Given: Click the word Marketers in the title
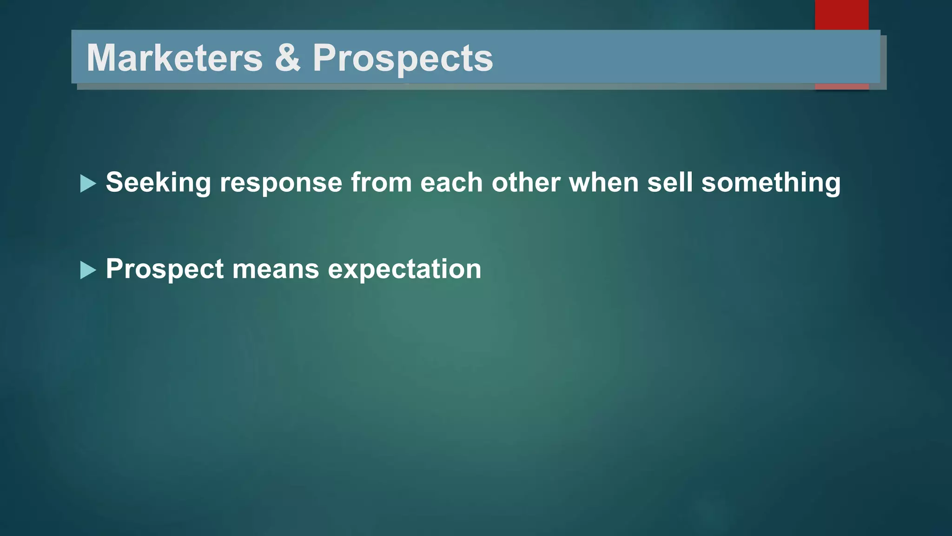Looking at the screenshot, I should pyautogui.click(x=174, y=58).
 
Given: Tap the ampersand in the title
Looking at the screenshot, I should pyautogui.click(x=287, y=58).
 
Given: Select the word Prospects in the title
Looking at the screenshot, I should pyautogui.click(x=402, y=59).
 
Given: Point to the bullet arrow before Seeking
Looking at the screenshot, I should pyautogui.click(x=87, y=183).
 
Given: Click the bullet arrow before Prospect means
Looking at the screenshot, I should pyautogui.click(x=87, y=270).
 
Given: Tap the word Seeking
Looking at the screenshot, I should pyautogui.click(x=158, y=182).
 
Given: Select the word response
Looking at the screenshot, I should pyautogui.click(x=281, y=182).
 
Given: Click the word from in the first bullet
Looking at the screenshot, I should pyautogui.click(x=381, y=182).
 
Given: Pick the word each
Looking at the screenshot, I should pyautogui.click(x=451, y=182).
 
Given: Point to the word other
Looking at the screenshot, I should pyautogui.click(x=526, y=182).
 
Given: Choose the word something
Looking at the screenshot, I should pyautogui.click(x=771, y=182).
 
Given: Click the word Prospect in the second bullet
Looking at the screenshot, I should pyautogui.click(x=165, y=269).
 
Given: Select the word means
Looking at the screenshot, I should pyautogui.click(x=275, y=269).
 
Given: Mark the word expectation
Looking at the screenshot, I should pyautogui.click(x=404, y=269).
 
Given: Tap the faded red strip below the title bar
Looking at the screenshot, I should pyautogui.click(x=841, y=87).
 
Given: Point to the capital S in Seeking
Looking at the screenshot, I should pyautogui.click(x=114, y=182).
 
